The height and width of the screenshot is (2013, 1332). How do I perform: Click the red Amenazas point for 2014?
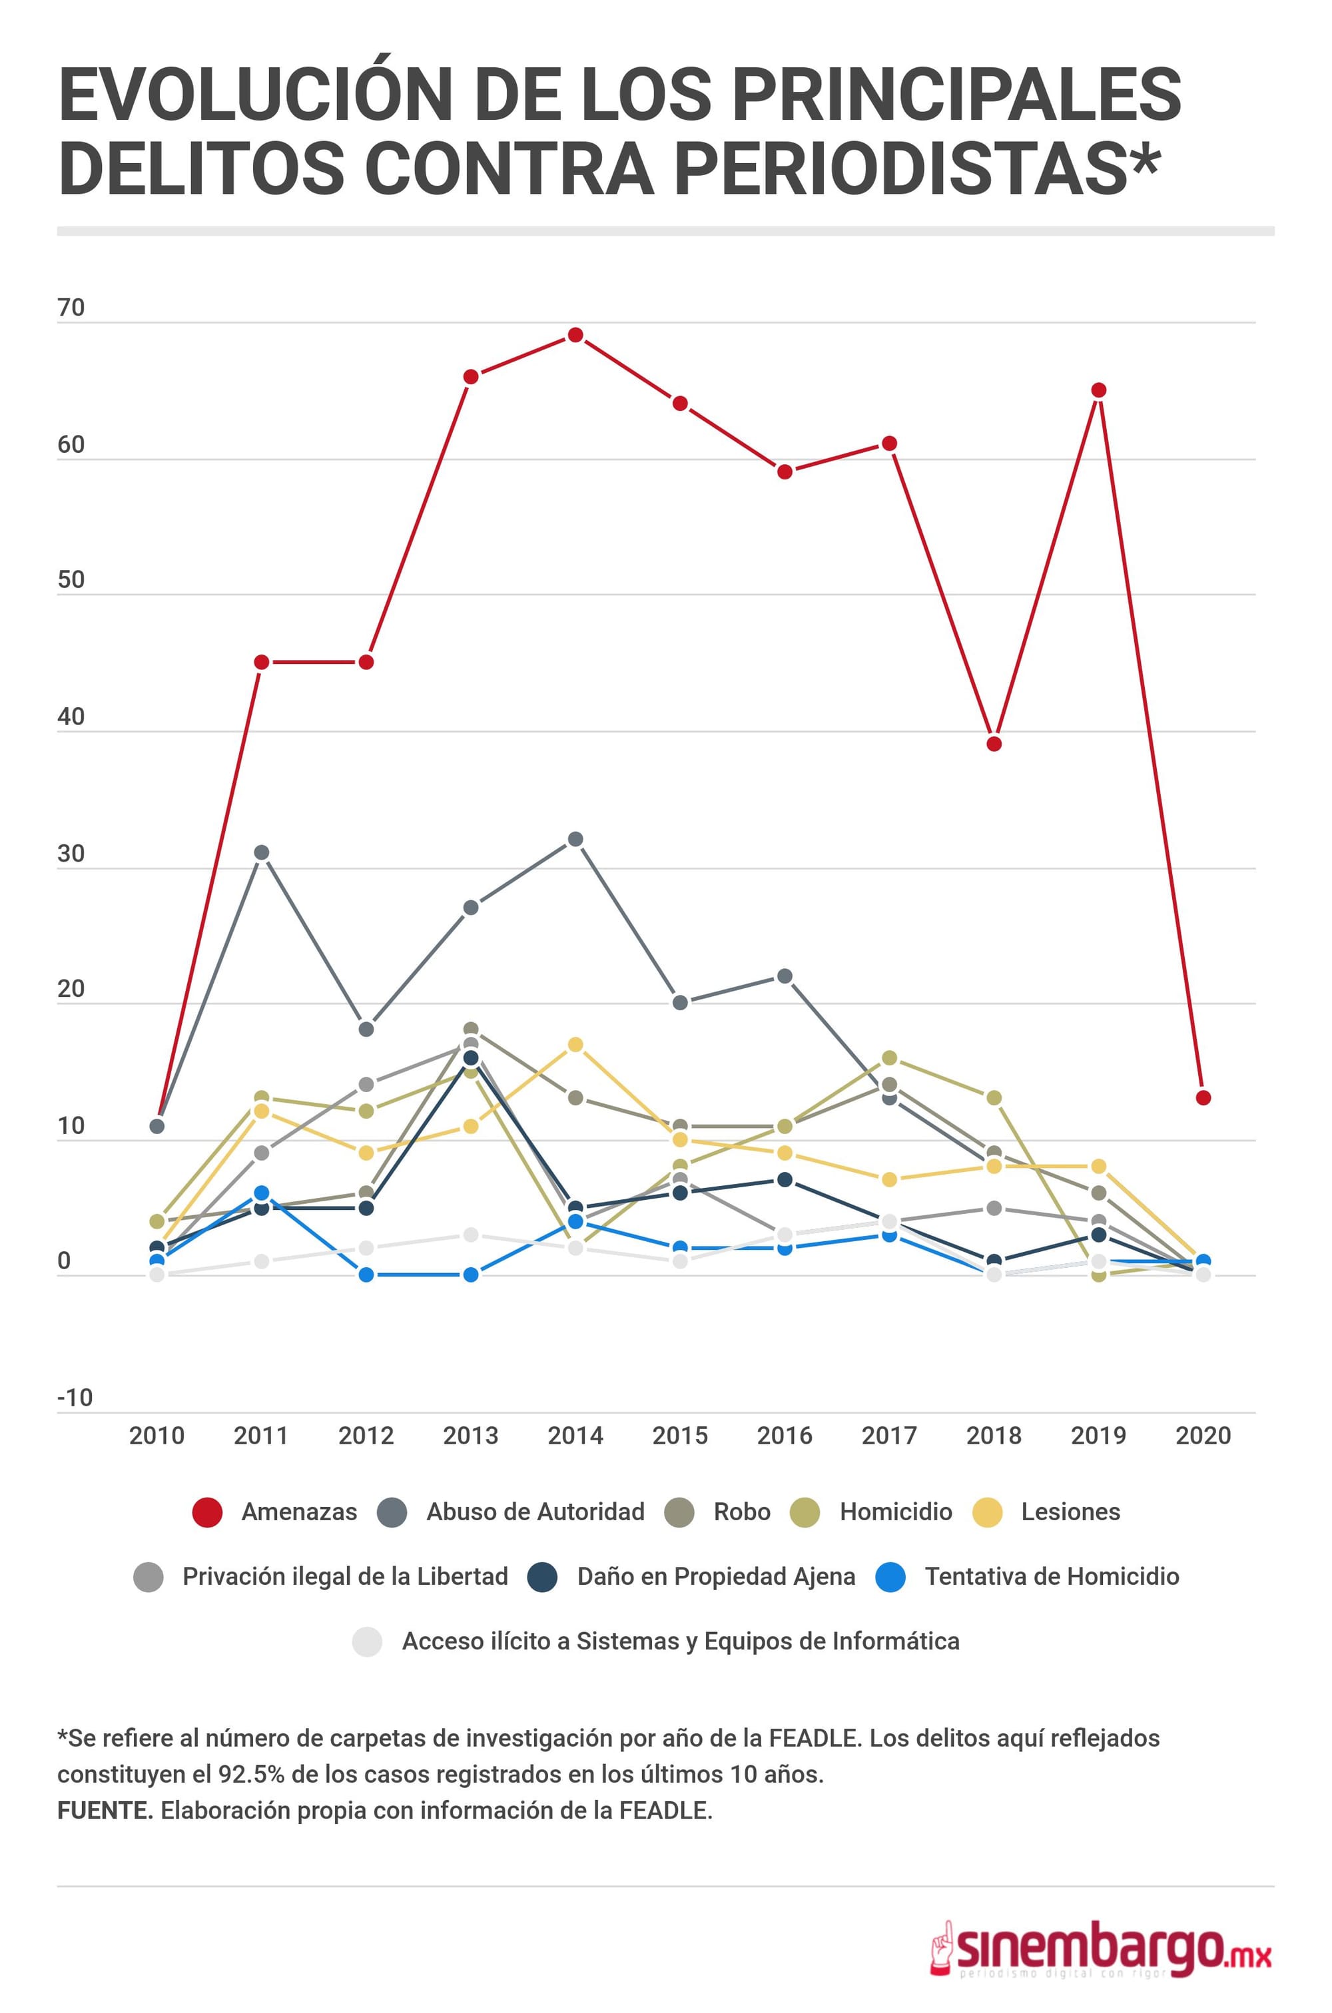click(x=575, y=335)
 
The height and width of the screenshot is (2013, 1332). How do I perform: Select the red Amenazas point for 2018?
click(x=994, y=744)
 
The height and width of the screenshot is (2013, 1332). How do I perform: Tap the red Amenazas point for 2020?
click(x=1203, y=1097)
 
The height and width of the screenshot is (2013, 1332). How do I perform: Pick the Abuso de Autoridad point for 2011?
click(x=262, y=852)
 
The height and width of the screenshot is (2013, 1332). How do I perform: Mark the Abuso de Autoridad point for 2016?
click(x=785, y=976)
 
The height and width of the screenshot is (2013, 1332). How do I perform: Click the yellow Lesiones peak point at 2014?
click(x=575, y=1044)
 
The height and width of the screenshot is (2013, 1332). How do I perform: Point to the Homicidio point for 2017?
click(x=889, y=1057)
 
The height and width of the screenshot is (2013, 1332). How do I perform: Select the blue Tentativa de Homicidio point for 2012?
click(x=366, y=1275)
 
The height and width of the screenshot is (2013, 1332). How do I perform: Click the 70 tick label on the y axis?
click(x=71, y=308)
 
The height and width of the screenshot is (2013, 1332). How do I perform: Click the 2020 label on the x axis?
click(x=1203, y=1436)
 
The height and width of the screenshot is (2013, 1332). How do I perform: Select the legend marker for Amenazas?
click(x=207, y=1512)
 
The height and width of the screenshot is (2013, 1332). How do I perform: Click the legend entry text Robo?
click(x=742, y=1512)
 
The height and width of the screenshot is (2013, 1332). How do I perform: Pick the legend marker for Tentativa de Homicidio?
click(x=890, y=1576)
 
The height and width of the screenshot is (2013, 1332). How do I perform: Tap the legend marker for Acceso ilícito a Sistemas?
click(x=367, y=1641)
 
